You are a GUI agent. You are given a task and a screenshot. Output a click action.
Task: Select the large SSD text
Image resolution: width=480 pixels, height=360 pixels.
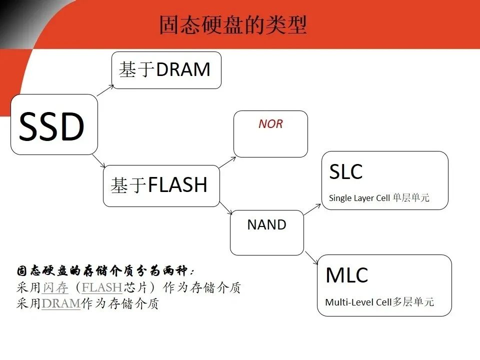click(51, 126)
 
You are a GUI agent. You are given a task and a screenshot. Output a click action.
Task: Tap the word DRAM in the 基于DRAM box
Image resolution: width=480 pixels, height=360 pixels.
click(183, 70)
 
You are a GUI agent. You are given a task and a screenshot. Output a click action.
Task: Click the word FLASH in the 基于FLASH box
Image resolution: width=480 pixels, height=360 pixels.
click(177, 185)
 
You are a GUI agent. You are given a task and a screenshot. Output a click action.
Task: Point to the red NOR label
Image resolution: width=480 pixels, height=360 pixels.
click(270, 124)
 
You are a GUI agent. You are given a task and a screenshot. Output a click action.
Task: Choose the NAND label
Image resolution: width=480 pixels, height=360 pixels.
click(266, 225)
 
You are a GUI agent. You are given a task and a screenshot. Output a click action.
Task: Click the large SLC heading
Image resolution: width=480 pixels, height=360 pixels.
click(345, 172)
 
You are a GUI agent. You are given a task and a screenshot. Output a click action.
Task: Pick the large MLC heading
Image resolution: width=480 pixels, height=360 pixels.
click(346, 275)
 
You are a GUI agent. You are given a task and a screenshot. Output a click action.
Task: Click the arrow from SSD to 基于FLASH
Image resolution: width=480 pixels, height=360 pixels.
click(98, 161)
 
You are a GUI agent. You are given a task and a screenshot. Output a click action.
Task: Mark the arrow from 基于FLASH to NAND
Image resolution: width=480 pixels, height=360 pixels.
click(225, 208)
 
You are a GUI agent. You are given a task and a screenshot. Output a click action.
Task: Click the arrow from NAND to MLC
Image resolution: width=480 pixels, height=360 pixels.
click(312, 258)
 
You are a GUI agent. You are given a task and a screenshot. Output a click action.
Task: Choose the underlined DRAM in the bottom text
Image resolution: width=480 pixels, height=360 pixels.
click(61, 303)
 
